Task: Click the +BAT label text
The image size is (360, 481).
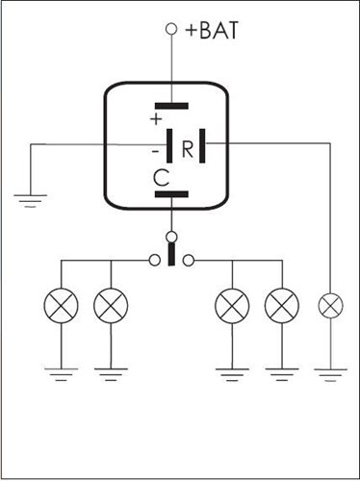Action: [212, 30]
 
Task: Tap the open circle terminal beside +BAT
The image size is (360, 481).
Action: [171, 29]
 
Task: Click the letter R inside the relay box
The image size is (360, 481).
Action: [188, 149]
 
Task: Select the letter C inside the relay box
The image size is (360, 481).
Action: [162, 178]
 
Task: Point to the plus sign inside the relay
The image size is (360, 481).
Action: [156, 119]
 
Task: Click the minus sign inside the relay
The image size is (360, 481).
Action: [155, 151]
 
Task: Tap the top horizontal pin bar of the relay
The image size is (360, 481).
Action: [171, 106]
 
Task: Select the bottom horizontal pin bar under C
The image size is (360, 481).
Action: [171, 194]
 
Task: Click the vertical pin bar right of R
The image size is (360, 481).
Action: [202, 145]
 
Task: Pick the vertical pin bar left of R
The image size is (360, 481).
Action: [169, 145]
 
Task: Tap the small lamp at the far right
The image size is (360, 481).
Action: [330, 305]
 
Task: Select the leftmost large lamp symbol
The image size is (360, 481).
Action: [61, 306]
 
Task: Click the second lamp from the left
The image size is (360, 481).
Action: [111, 306]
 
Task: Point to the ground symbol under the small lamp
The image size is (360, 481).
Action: [330, 375]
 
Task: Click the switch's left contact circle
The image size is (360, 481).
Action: [155, 260]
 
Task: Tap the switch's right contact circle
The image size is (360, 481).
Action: [189, 260]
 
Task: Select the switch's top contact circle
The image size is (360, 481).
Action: [171, 237]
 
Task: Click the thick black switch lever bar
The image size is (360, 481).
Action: [171, 254]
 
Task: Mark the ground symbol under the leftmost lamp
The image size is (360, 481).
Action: [61, 374]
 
